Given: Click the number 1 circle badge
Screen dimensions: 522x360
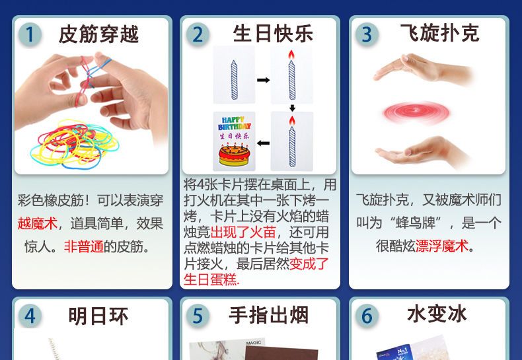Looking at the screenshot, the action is point(30,34).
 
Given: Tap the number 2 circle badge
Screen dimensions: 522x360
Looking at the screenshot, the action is point(198,34).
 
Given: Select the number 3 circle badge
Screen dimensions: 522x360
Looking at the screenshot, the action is point(367,34).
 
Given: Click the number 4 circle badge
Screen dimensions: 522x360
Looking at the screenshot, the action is point(30,316).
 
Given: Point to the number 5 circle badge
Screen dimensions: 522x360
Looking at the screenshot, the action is point(198,316).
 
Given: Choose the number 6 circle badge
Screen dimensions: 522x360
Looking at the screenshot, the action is point(367,316).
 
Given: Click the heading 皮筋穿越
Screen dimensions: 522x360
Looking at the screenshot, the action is point(98,34).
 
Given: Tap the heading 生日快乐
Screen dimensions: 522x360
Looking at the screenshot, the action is point(273,34).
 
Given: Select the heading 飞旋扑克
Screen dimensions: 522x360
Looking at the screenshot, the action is point(440,33).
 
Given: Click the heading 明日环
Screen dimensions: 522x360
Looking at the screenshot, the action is point(98,316).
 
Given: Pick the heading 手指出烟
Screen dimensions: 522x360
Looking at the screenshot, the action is point(269,315).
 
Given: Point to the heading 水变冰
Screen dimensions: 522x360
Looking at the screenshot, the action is point(437,314).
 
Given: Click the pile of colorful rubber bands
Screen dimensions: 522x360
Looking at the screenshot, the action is point(75,144).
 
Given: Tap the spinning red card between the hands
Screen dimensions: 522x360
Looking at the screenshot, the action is point(416,112).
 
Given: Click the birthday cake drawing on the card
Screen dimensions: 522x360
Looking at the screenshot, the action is point(234,155).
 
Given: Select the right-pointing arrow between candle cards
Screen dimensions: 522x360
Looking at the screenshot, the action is point(264,80).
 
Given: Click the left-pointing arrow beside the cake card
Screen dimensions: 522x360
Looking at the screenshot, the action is point(264,143).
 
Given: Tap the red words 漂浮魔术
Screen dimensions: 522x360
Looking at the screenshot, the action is point(442,246).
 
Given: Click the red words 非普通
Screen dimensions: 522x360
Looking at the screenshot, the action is point(83,246).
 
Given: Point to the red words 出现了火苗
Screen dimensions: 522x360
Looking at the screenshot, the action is point(243,232).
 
